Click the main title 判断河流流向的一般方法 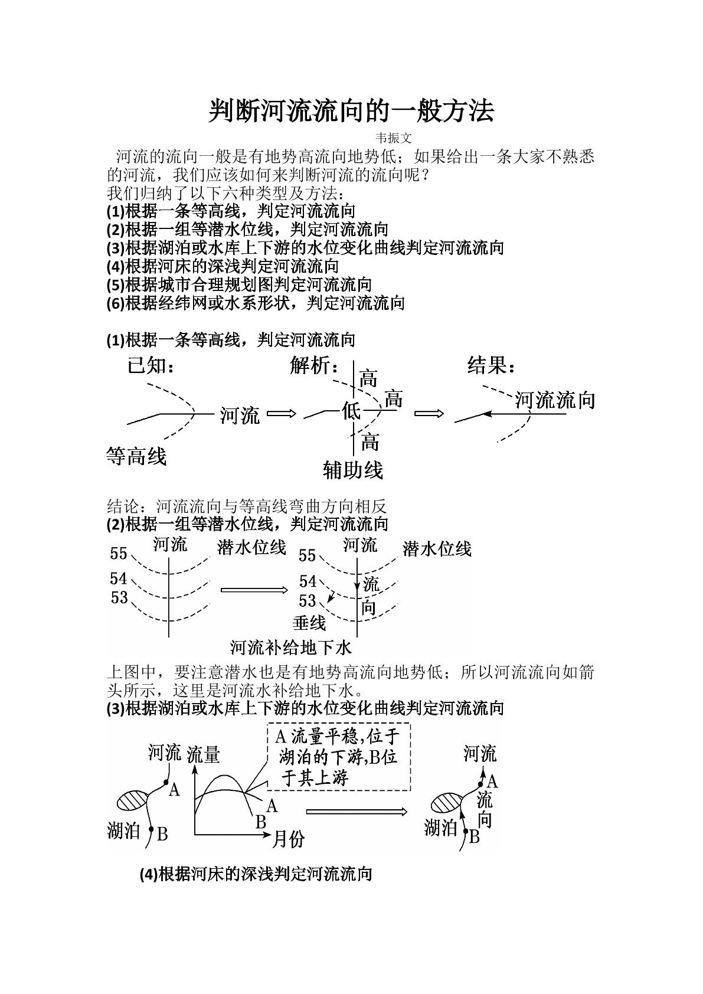click(351, 111)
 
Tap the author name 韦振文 click(394, 138)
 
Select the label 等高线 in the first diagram click(136, 456)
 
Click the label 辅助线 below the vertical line click(353, 470)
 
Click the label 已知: click(151, 366)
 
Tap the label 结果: click(491, 366)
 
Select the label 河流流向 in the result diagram click(555, 400)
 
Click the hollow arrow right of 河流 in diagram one click(282, 414)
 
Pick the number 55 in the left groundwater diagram click(119, 553)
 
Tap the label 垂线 click(309, 623)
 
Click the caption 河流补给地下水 click(290, 648)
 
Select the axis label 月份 click(288, 839)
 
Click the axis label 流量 click(203, 755)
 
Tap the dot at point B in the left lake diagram click(151, 829)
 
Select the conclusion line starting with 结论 click(247, 506)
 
